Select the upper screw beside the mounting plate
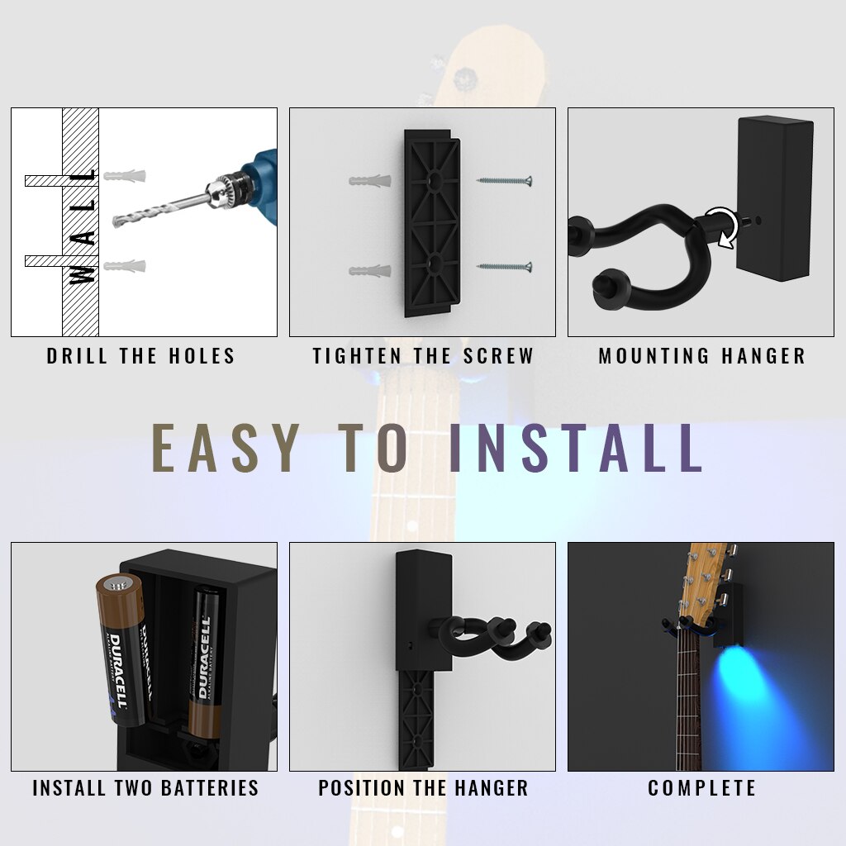504,180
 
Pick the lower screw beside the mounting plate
504,267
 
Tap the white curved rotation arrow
723,226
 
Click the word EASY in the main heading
226,449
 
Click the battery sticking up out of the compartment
123,649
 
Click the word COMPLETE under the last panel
701,788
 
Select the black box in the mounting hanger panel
775,198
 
